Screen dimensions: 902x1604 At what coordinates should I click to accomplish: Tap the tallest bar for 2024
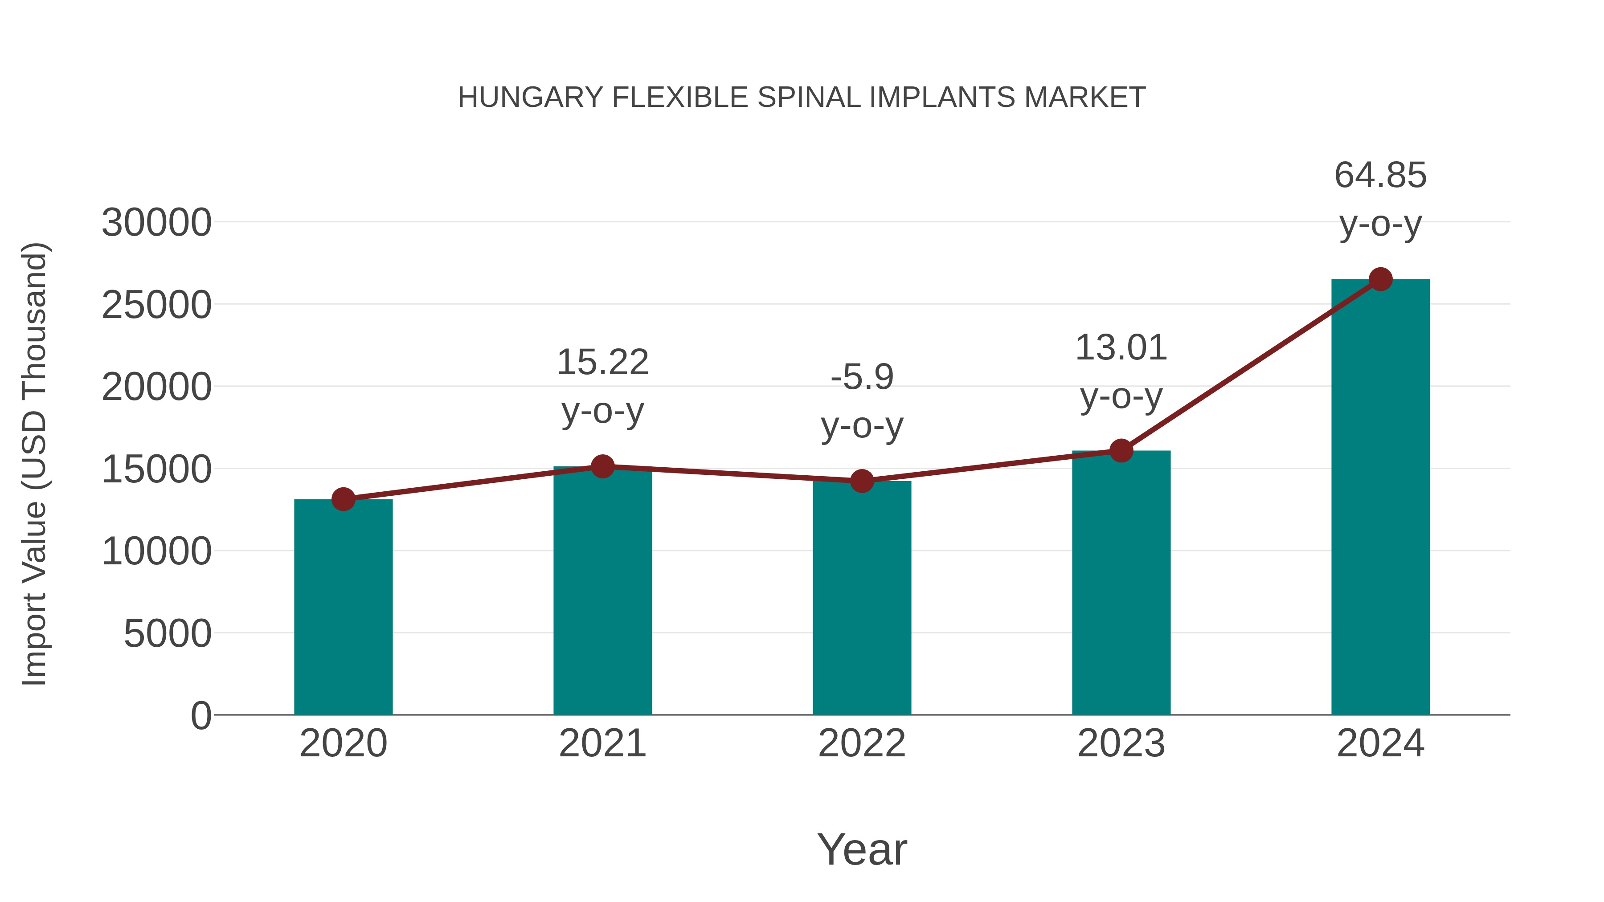click(x=1380, y=498)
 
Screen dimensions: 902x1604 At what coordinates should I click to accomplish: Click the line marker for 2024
click(x=1380, y=279)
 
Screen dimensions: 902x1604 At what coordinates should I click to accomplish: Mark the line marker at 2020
click(x=343, y=499)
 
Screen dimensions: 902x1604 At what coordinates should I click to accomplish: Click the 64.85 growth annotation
click(x=1380, y=175)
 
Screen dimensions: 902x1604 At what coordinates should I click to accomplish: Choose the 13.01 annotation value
click(x=1121, y=347)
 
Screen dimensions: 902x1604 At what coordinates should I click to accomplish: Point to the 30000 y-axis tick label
click(x=156, y=223)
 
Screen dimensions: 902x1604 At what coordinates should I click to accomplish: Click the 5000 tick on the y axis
click(x=168, y=634)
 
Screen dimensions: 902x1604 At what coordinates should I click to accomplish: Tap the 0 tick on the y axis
click(x=200, y=716)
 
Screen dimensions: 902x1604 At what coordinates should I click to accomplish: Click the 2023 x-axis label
click(x=1121, y=743)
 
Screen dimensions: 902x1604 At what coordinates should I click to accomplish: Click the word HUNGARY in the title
click(x=530, y=98)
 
